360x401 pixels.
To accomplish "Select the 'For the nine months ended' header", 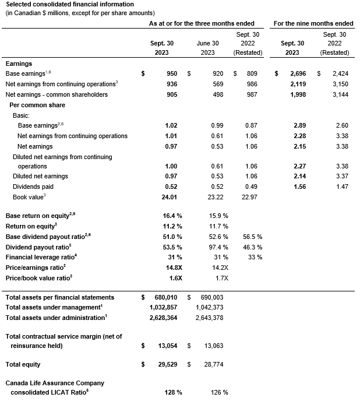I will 313,23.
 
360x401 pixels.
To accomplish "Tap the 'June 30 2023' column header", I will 207,48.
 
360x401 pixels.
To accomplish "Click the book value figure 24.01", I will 172,197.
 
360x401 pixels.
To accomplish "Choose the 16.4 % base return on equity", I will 172,215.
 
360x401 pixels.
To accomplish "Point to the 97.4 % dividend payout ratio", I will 218,247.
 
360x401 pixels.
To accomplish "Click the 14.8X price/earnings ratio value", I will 172,268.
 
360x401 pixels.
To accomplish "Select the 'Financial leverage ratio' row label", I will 41,257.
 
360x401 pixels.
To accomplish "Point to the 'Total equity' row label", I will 23,364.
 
